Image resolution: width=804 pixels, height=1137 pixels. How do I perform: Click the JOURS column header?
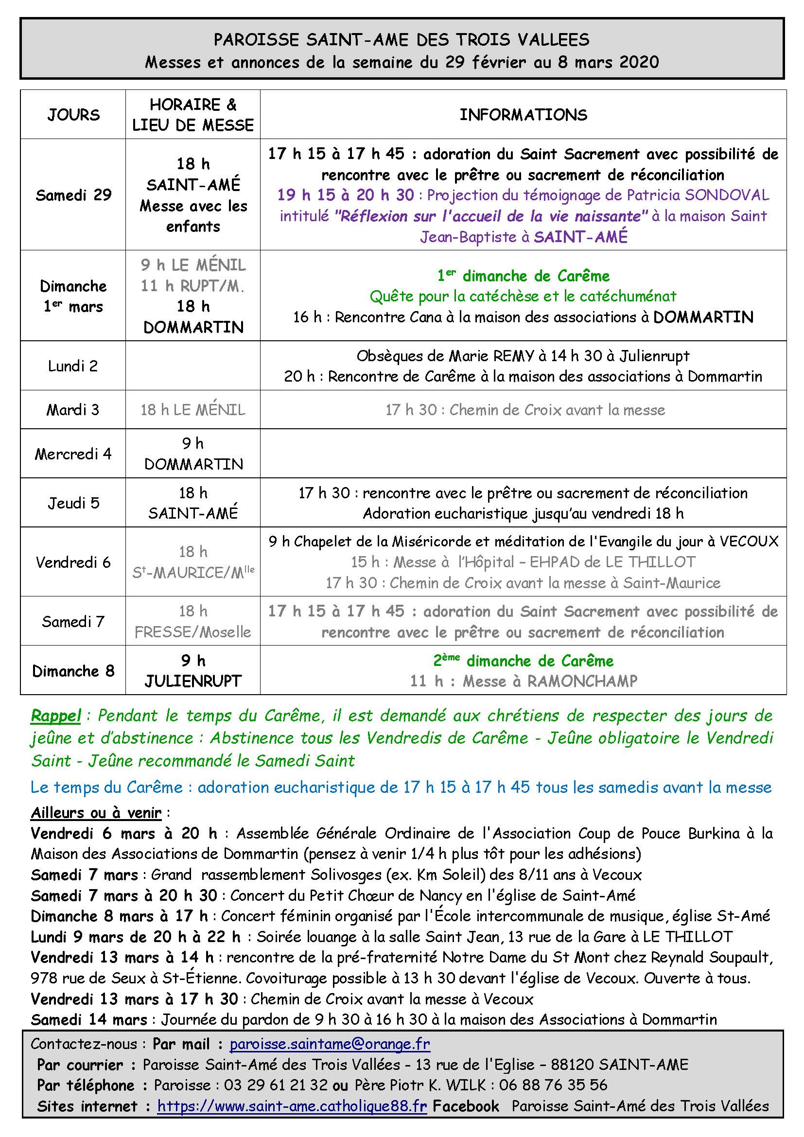[73, 115]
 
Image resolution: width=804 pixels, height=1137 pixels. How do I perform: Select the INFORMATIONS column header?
[524, 115]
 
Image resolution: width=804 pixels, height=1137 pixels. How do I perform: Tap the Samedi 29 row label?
[73, 194]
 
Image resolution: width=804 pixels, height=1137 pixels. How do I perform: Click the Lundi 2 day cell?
[73, 366]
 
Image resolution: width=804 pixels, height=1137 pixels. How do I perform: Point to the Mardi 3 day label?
[73, 409]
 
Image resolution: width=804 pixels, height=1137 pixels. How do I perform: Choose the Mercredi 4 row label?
[73, 454]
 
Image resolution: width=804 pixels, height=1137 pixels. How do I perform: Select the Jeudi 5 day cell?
[73, 503]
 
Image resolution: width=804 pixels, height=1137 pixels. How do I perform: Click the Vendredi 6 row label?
[73, 562]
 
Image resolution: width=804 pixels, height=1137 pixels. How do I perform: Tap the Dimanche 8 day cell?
[73, 670]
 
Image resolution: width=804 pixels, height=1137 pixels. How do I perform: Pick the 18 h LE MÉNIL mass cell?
[193, 409]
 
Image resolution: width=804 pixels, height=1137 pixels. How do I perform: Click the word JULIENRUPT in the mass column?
[193, 682]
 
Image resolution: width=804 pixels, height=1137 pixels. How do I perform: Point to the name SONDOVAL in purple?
[727, 194]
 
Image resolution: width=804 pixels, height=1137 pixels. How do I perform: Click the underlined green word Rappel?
[55, 716]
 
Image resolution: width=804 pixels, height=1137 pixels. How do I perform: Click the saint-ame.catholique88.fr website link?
[292, 1106]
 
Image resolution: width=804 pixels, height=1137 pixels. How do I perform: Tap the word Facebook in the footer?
[466, 1106]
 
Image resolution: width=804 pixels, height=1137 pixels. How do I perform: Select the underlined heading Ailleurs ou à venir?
[96, 813]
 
